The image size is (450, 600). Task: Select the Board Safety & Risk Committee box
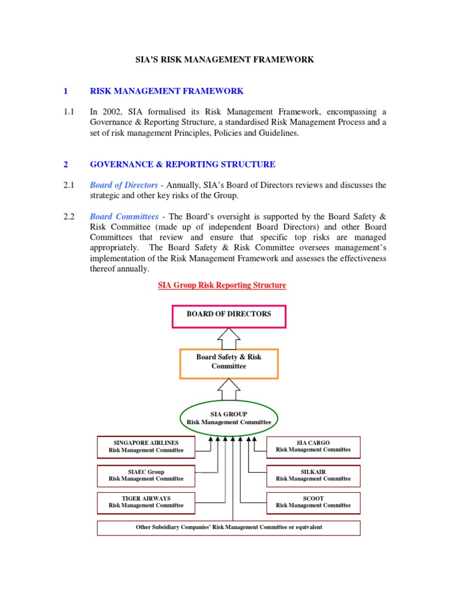[229, 362]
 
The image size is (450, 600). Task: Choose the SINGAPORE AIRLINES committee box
[146, 446]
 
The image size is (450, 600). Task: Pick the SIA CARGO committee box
[313, 446]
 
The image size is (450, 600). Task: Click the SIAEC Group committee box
[146, 475]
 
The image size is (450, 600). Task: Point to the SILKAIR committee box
[313, 475]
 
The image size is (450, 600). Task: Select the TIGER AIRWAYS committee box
[146, 502]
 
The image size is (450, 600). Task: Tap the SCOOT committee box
[313, 502]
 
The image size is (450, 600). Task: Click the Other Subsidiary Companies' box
[229, 527]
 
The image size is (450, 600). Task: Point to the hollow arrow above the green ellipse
[229, 388]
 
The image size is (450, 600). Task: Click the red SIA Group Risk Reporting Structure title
[222, 285]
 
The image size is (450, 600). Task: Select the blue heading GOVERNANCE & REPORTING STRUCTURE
[182, 165]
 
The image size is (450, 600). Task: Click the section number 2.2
[69, 217]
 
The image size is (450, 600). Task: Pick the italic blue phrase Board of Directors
[124, 185]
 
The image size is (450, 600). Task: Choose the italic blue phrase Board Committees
[124, 217]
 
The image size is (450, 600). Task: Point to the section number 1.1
[69, 112]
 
